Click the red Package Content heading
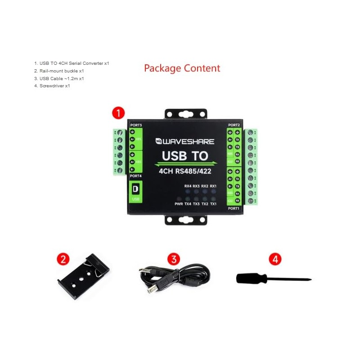(182, 68)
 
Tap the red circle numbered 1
(118, 113)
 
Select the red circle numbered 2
(63, 259)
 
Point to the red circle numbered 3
(174, 259)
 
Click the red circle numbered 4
(275, 259)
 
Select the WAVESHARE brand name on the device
(185, 141)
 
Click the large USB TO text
(185, 156)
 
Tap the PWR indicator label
(179, 204)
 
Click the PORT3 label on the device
(135, 125)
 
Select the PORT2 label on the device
(234, 125)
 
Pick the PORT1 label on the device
(234, 208)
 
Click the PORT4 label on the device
(135, 175)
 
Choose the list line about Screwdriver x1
(52, 86)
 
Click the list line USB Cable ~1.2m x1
(58, 78)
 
